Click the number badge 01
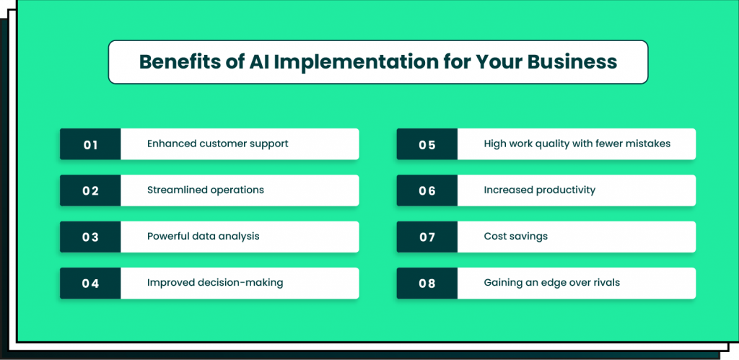pos(90,144)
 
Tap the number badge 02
pos(90,190)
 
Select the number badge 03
pos(90,237)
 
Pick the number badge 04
pos(90,283)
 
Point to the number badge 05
pos(427,144)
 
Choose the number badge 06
pos(427,190)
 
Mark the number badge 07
pos(427,237)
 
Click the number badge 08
pos(427,283)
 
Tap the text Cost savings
pos(515,236)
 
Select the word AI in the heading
pos(260,62)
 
